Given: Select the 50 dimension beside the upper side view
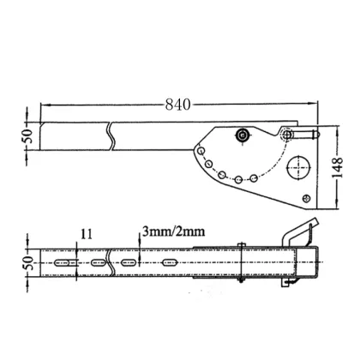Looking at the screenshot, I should (x=26, y=135).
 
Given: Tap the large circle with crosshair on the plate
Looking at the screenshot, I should (x=300, y=165).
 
